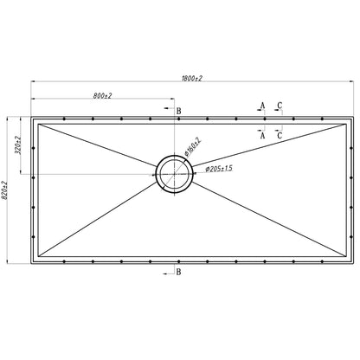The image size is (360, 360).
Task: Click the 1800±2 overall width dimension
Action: pyautogui.click(x=192, y=78)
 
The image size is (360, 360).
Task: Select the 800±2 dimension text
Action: pyautogui.click(x=102, y=96)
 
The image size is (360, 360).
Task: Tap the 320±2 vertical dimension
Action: pyautogui.click(x=17, y=145)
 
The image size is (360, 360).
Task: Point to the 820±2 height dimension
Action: pyautogui.click(x=3, y=190)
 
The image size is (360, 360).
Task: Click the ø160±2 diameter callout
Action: pyautogui.click(x=192, y=147)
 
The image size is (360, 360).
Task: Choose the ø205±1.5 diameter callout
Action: pyautogui.click(x=219, y=169)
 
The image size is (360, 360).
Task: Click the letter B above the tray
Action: pyautogui.click(x=178, y=111)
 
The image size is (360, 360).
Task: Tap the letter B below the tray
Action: pyautogui.click(x=178, y=272)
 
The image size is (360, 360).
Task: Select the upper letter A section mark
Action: pyautogui.click(x=262, y=106)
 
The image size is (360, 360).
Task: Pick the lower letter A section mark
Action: pyautogui.click(x=262, y=135)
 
